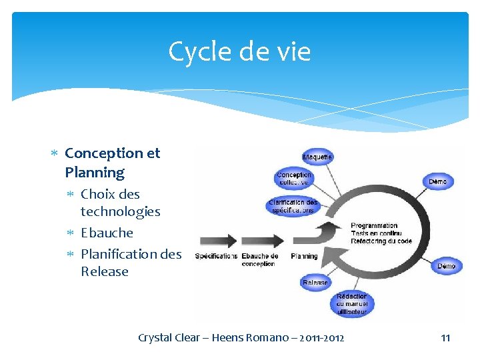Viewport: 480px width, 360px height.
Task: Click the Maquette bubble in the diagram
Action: (318, 157)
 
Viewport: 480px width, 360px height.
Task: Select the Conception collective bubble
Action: (294, 179)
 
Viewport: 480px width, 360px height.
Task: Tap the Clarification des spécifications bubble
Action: (293, 206)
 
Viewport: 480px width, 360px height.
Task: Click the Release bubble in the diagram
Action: (315, 282)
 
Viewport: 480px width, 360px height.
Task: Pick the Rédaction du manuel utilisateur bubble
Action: (351, 303)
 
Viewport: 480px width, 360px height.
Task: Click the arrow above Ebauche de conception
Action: (261, 241)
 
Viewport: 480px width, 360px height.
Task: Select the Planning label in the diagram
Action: (304, 256)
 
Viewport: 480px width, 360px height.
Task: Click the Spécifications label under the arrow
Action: (216, 256)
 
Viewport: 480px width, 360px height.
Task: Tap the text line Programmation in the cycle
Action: (374, 226)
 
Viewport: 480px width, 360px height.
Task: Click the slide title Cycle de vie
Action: (239, 51)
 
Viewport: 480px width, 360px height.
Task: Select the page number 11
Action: (445, 338)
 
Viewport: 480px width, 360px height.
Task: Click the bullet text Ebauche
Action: (107, 233)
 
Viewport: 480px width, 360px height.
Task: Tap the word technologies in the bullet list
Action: (120, 211)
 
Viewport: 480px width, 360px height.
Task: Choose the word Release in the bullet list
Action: (104, 271)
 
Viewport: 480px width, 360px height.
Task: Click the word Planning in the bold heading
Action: (95, 172)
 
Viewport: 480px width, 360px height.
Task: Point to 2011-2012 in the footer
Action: (321, 338)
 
